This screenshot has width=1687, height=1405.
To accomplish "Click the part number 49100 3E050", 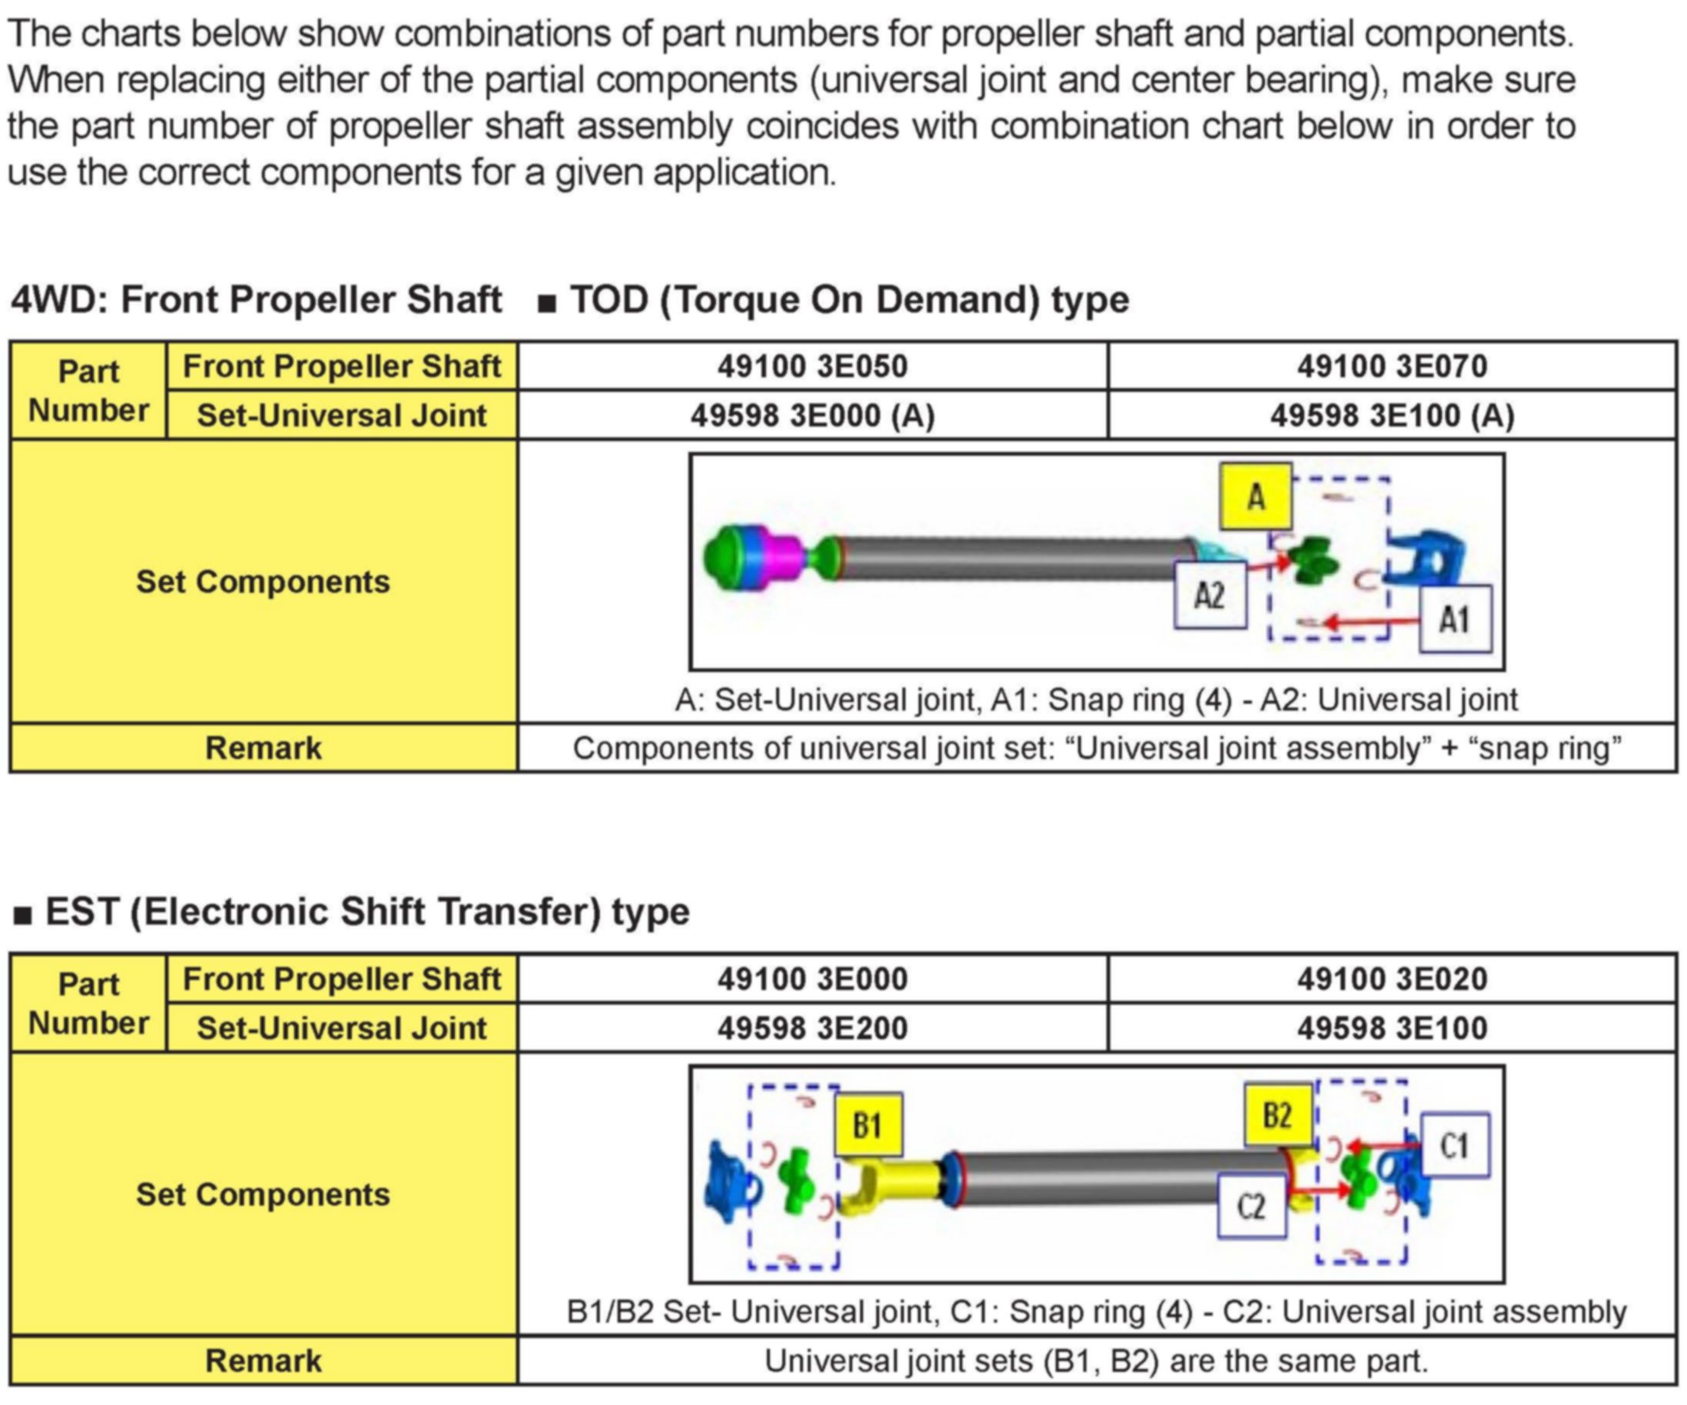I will pos(812,366).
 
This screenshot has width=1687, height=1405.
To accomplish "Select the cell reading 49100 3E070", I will pos(1391,366).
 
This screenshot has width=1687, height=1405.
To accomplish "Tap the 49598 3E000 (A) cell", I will pos(812,415).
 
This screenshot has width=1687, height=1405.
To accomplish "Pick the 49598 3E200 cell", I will pos(812,1029).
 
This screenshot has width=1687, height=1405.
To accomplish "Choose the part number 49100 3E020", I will pos(1391,979).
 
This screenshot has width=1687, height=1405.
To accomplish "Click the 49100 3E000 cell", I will pos(812,979).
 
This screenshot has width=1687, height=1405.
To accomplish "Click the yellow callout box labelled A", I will pos(1256,497).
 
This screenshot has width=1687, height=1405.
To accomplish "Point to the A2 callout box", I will pos(1210,595).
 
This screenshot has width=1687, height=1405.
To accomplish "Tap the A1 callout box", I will pos(1454,618).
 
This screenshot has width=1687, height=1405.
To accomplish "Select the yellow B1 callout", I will pos(868,1126).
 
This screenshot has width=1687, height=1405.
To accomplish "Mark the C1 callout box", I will pos(1454,1145).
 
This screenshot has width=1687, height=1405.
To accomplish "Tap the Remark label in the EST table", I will pos(263,1361).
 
